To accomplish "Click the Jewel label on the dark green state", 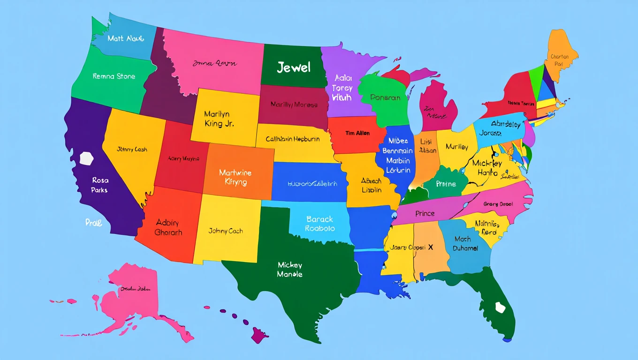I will pyautogui.click(x=294, y=67).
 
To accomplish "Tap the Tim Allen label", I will pyautogui.click(x=357, y=133).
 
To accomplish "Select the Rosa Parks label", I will pyautogui.click(x=100, y=185).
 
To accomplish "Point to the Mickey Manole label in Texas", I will pyautogui.click(x=290, y=270).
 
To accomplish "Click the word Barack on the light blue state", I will pyautogui.click(x=319, y=219).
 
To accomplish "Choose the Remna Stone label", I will pyautogui.click(x=114, y=76).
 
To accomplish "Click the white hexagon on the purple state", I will pyautogui.click(x=87, y=158).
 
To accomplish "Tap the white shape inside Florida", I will pyautogui.click(x=501, y=307).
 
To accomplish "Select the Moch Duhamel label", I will pyautogui.click(x=466, y=243).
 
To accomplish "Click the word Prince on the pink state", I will pyautogui.click(x=425, y=213).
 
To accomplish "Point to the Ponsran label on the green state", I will pyautogui.click(x=385, y=97).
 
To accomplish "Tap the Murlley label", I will pyautogui.click(x=457, y=147).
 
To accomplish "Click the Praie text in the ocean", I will pyautogui.click(x=94, y=223).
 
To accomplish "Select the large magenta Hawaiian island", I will pyautogui.click(x=259, y=335).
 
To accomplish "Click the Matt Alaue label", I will pyautogui.click(x=125, y=38).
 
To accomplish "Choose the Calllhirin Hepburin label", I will pyautogui.click(x=293, y=139).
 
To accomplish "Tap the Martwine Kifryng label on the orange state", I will pyautogui.click(x=235, y=178).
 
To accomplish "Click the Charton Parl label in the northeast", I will pyautogui.click(x=560, y=60).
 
